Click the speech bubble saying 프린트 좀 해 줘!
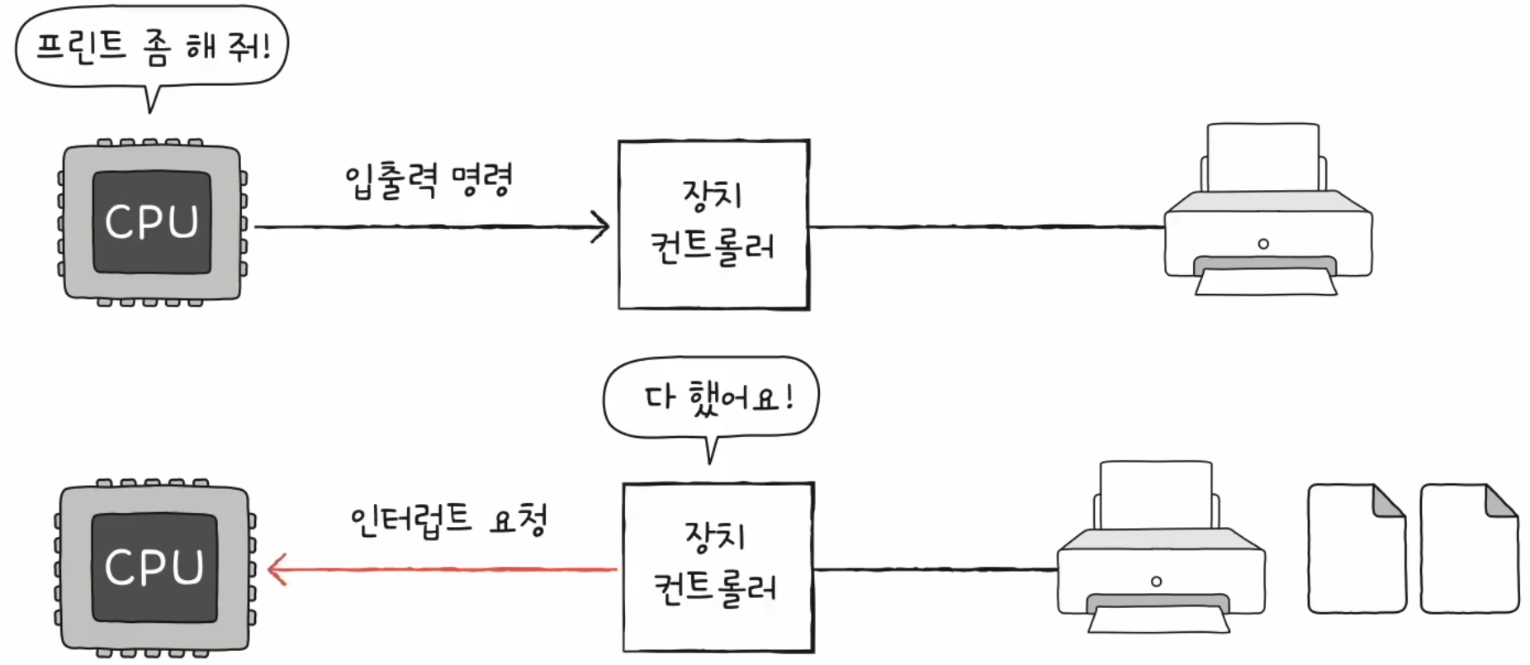(152, 46)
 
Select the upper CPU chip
(152, 222)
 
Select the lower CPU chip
(154, 568)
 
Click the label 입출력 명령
(429, 179)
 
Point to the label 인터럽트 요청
(448, 520)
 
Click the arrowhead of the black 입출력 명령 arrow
(601, 226)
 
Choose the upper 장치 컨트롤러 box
(713, 225)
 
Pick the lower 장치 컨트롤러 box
(718, 568)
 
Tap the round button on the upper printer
(1263, 244)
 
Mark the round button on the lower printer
(1156, 582)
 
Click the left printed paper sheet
(1356, 549)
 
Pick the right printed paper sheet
(1468, 549)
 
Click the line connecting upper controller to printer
(987, 226)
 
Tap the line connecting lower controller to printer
(935, 569)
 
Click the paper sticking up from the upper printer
(1262, 157)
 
